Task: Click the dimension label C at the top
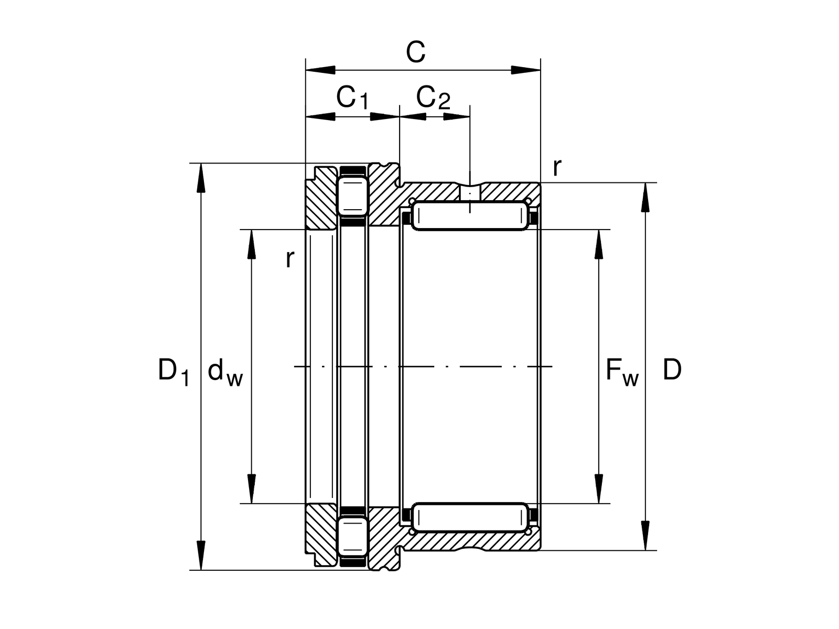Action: point(415,52)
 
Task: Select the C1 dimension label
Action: point(352,98)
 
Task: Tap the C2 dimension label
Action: point(433,98)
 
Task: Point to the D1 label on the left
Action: point(174,372)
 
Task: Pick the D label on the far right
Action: point(672,370)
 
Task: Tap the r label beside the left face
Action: point(290,259)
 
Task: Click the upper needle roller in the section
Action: point(470,216)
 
